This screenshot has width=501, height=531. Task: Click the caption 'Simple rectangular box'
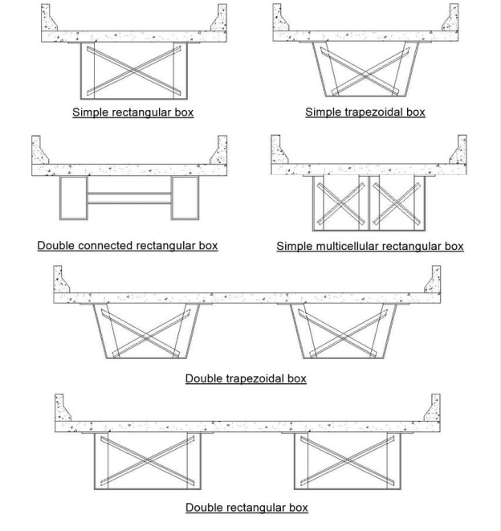tap(132, 112)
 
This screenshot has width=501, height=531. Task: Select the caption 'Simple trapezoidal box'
tap(365, 112)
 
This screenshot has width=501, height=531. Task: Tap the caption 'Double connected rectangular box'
tap(127, 245)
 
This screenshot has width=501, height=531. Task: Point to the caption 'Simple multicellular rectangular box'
tap(369, 246)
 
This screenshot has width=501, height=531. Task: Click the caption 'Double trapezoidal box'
tap(246, 378)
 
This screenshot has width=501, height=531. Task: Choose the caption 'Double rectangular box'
tap(246, 507)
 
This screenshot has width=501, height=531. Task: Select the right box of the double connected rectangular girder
tap(185, 198)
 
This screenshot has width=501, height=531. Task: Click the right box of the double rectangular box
tap(347, 461)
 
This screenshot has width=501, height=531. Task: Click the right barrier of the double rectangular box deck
tap(434, 409)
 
